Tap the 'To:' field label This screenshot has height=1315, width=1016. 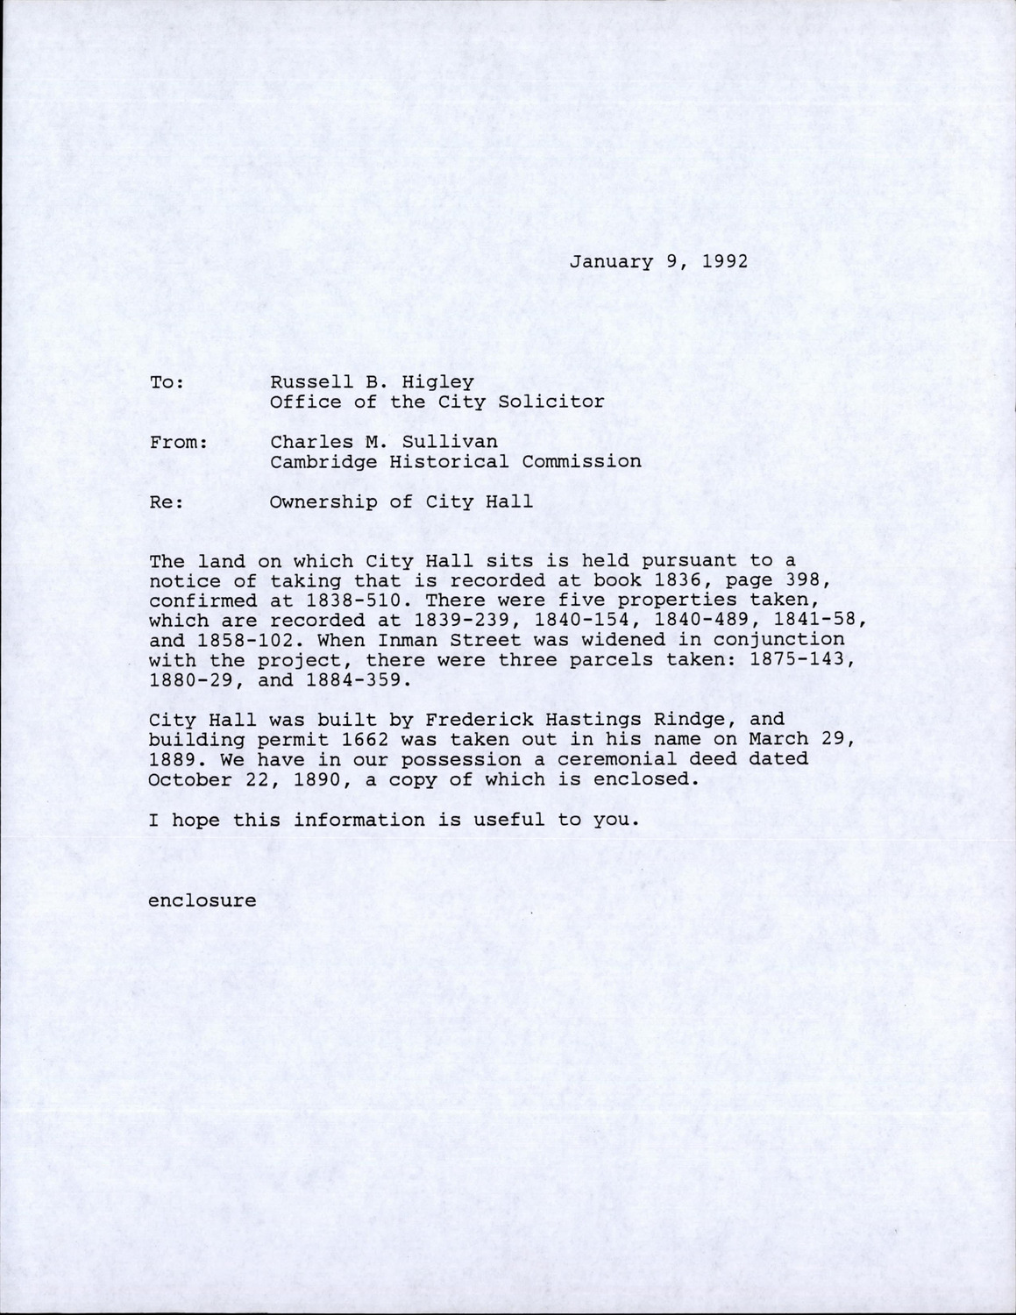click(167, 382)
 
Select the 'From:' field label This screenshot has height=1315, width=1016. click(178, 442)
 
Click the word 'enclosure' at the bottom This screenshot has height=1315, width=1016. click(202, 900)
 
